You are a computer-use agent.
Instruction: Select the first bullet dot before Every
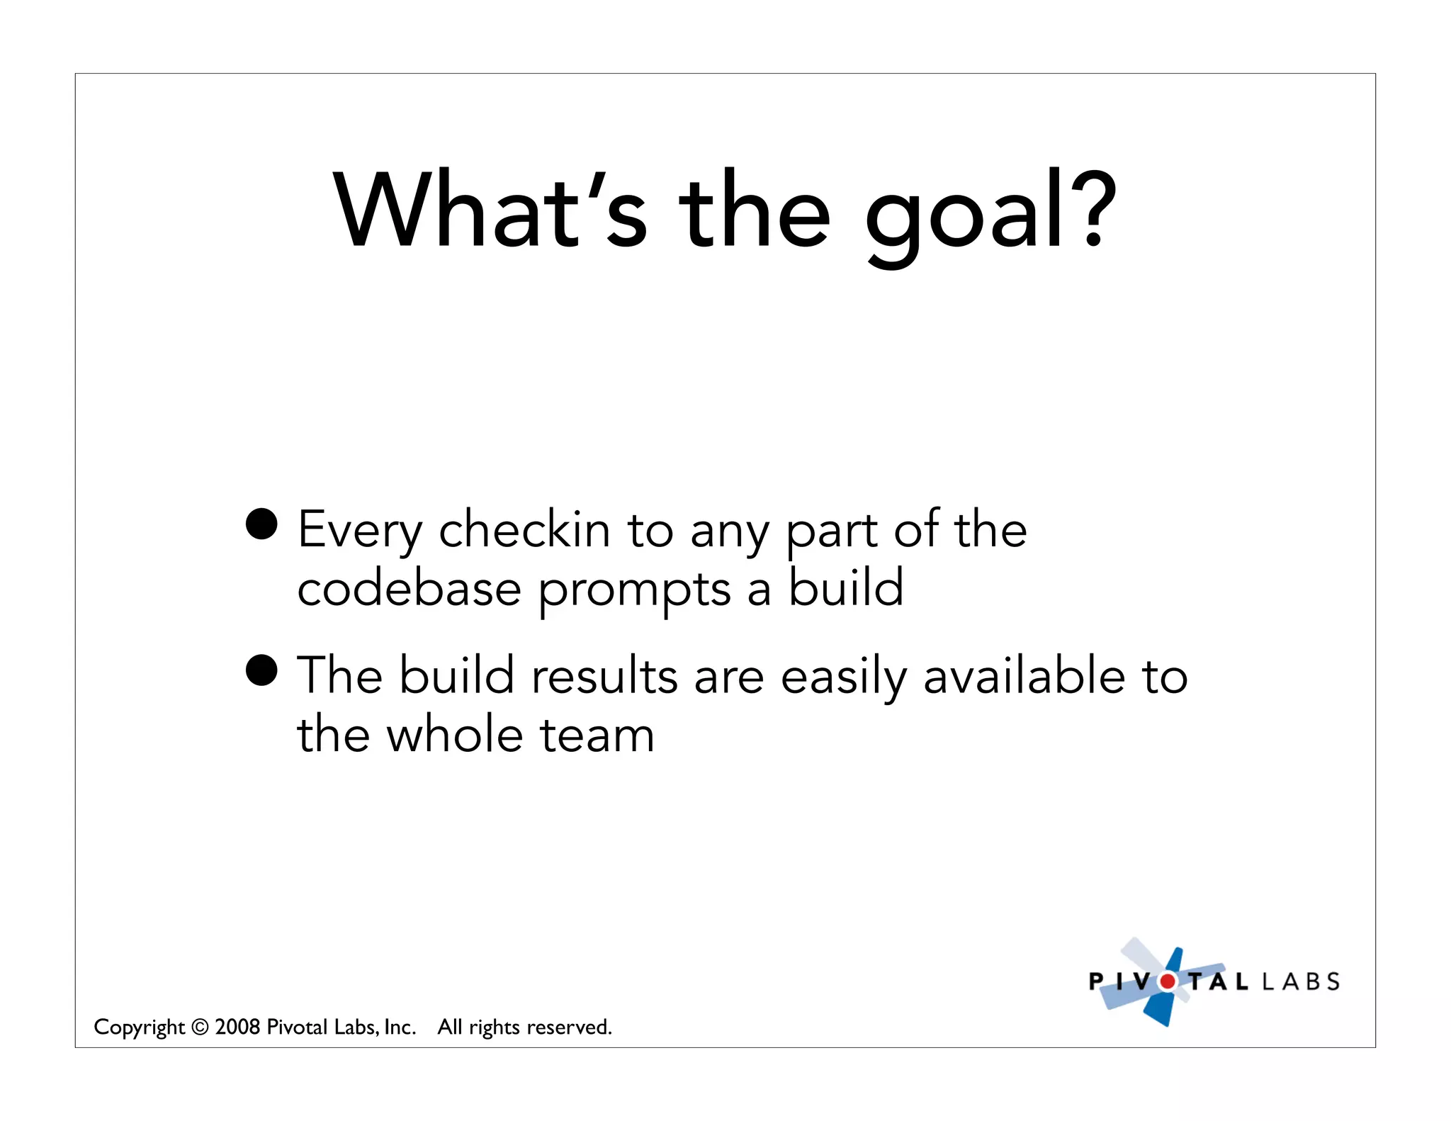point(261,524)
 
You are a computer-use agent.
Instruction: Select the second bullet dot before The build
point(261,670)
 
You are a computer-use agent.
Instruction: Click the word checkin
point(524,529)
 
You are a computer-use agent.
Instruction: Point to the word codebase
point(409,589)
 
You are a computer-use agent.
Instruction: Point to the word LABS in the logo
point(1301,981)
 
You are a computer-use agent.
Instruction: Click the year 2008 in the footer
point(237,1027)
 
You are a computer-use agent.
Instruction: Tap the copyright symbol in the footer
point(200,1027)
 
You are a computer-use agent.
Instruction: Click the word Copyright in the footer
point(139,1027)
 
